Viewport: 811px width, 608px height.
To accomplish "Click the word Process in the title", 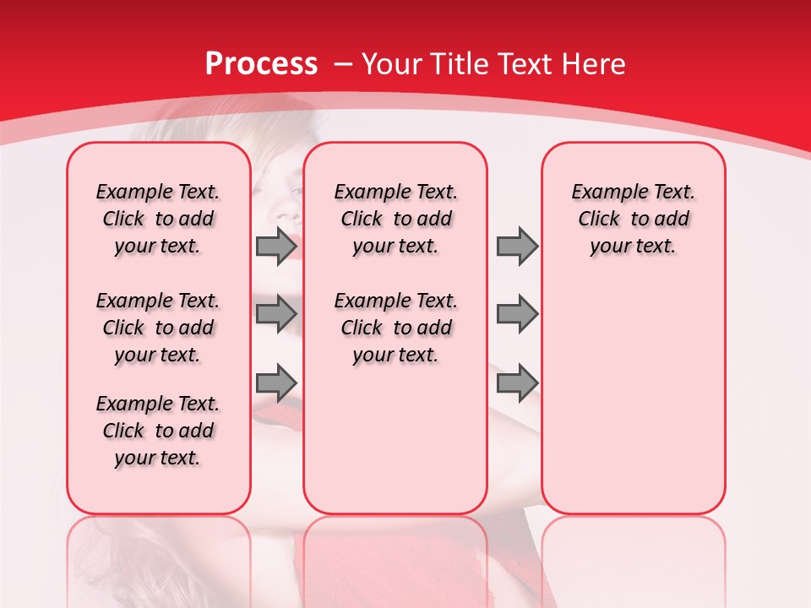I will point(261,64).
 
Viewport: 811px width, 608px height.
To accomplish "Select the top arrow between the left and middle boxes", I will point(275,246).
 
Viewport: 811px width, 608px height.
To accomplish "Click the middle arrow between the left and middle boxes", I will point(275,314).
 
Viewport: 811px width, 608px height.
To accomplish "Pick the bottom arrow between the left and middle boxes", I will point(275,383).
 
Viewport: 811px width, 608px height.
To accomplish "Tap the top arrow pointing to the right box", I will point(517,246).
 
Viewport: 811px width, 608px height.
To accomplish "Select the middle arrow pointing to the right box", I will point(517,314).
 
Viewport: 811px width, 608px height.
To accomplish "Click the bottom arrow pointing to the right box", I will point(517,383).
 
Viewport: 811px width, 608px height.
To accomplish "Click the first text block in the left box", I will point(158,219).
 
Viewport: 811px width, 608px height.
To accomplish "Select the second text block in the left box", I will point(158,328).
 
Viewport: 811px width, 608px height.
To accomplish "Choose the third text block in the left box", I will point(158,431).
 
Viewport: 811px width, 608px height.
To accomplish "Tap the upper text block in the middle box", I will point(395,219).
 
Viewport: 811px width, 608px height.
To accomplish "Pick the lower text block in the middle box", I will point(395,328).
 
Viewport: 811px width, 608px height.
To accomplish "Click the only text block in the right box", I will point(633,219).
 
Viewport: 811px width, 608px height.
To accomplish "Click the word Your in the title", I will point(391,64).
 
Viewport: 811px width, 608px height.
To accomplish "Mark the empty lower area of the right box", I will point(633,397).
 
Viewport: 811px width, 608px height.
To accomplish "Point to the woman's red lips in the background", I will point(287,239).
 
